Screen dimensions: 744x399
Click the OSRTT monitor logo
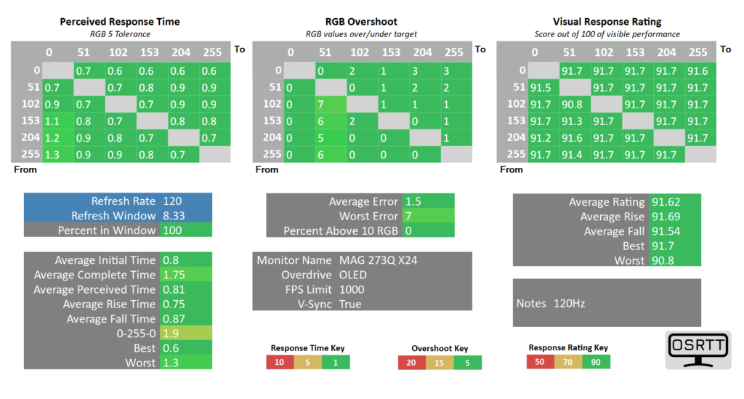pyautogui.click(x=698, y=350)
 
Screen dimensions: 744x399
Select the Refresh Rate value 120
pyautogui.click(x=172, y=201)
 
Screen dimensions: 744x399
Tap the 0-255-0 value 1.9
pyautogui.click(x=171, y=334)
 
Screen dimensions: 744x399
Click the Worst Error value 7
pyautogui.click(x=408, y=217)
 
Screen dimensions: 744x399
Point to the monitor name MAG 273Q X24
pyautogui.click(x=378, y=260)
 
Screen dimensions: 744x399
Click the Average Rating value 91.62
pyautogui.click(x=666, y=202)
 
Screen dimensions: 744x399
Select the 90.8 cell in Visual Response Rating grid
pyautogui.click(x=572, y=105)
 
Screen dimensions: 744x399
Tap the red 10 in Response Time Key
pyautogui.click(x=280, y=363)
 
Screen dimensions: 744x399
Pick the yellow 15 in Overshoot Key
pyautogui.click(x=440, y=363)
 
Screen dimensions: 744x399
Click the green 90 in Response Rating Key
pyautogui.click(x=596, y=362)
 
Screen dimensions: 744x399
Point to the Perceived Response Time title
pyautogui.click(x=120, y=22)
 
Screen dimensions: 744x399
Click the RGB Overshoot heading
pyautogui.click(x=361, y=22)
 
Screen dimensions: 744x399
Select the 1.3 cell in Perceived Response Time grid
pyautogui.click(x=52, y=155)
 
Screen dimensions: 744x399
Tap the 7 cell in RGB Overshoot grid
pyautogui.click(x=321, y=105)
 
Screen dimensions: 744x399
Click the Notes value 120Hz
pyautogui.click(x=569, y=303)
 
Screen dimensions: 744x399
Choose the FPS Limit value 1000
pyautogui.click(x=352, y=289)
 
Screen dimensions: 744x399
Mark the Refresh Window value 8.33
pyautogui.click(x=174, y=216)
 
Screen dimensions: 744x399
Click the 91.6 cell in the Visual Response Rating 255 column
pyautogui.click(x=697, y=70)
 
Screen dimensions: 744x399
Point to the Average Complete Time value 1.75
pyautogui.click(x=174, y=275)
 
